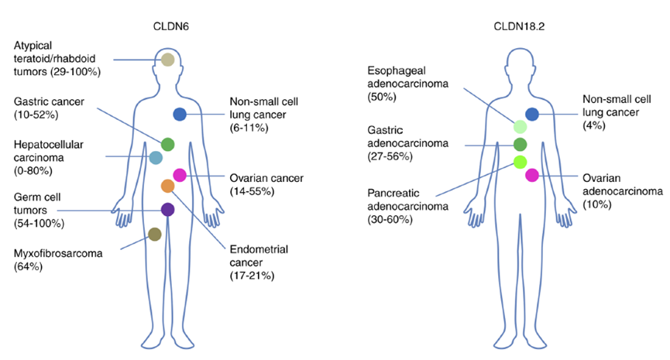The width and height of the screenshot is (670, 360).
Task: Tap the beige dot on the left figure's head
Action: (168, 60)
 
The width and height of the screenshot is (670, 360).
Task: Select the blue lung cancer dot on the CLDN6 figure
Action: (180, 114)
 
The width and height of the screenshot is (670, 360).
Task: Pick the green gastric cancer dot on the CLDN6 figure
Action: (168, 144)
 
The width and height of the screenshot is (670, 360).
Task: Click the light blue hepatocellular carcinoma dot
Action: (156, 158)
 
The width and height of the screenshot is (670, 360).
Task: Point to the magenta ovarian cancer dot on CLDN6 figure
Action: (180, 175)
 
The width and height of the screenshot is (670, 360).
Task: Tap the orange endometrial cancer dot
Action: (168, 186)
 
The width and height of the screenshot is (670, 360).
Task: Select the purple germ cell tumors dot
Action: (167, 209)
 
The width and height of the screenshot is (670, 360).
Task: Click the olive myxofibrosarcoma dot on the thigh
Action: (154, 235)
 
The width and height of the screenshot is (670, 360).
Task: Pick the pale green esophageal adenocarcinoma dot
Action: (520, 126)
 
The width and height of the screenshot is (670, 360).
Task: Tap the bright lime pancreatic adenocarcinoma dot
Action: (520, 162)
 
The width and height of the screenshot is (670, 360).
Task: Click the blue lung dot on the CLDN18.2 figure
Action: (532, 114)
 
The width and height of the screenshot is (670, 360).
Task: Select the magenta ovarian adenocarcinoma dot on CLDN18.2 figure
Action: (532, 175)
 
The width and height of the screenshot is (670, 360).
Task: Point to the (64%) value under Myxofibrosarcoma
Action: (29, 266)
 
